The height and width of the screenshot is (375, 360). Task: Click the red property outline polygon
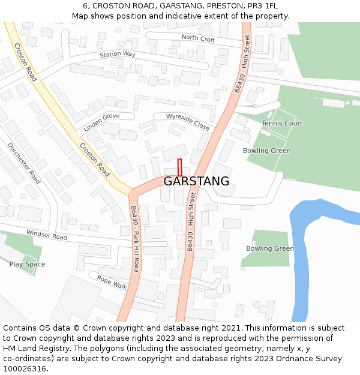[x=179, y=167]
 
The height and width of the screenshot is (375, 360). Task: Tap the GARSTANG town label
[x=196, y=181]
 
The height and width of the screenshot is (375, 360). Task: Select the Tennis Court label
[x=282, y=123]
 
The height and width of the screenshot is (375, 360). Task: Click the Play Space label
[x=27, y=264]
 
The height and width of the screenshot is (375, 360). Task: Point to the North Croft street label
[x=198, y=39]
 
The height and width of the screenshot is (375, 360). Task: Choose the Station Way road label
[x=118, y=54]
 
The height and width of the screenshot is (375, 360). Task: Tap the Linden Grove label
[x=101, y=121]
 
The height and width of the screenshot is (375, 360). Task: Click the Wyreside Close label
[x=188, y=122]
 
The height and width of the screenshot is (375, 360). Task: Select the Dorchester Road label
[x=24, y=163]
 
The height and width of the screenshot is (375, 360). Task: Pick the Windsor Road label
[x=46, y=235]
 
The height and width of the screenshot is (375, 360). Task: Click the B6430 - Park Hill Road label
[x=135, y=239]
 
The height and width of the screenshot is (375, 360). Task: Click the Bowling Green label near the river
[x=270, y=248]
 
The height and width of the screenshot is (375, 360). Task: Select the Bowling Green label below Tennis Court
[x=266, y=151]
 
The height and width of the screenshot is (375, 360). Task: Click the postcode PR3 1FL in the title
[x=263, y=6]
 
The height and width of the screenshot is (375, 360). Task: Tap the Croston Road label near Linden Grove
[x=95, y=159]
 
